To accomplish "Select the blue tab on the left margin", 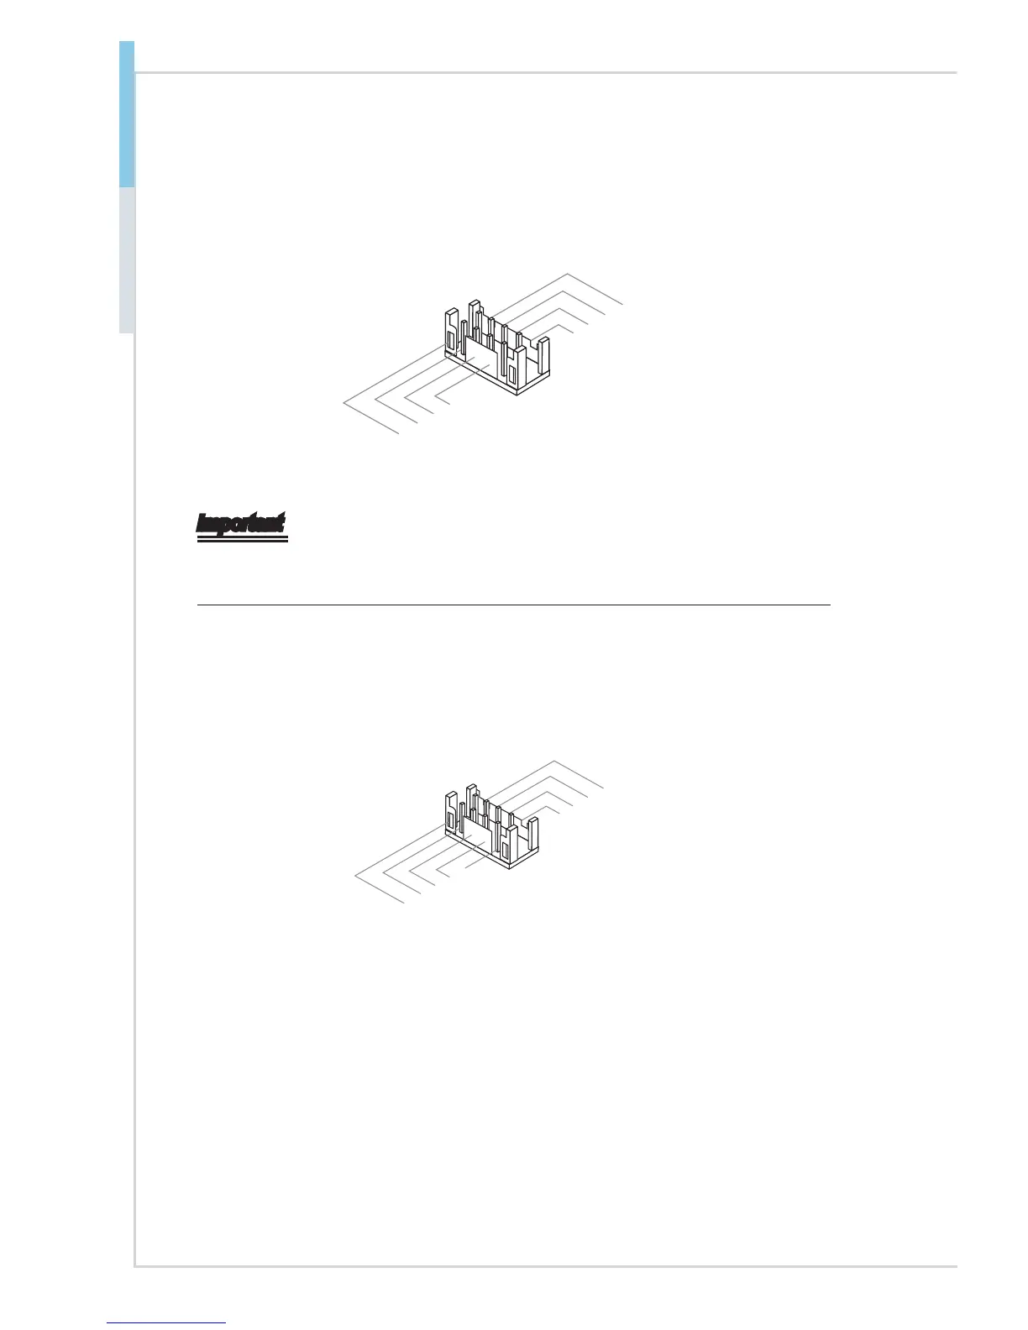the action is tap(127, 113).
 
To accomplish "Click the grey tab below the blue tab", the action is tap(127, 260).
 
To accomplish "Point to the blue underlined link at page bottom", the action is tap(167, 1322).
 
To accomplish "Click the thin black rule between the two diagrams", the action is tap(512, 605).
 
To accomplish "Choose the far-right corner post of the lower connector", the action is tap(531, 835).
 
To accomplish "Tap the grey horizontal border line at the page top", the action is tap(546, 73).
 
